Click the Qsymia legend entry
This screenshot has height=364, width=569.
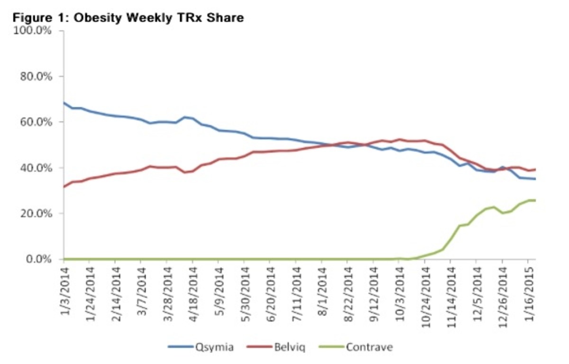214,347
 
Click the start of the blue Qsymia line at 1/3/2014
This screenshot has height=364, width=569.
64,102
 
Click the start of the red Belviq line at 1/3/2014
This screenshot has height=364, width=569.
64,187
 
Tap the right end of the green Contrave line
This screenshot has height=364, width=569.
535,200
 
